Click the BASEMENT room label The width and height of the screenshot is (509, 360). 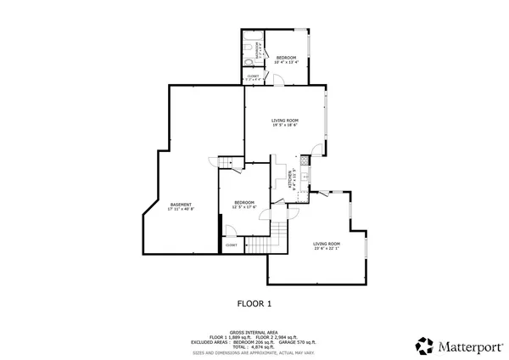point(181,205)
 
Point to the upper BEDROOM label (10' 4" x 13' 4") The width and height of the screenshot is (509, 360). point(285,59)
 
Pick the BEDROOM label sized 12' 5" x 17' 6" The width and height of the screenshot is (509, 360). point(244,204)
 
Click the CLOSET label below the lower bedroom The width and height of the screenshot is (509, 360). point(231,245)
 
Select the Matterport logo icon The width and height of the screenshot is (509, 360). point(424,346)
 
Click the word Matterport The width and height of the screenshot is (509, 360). point(466,346)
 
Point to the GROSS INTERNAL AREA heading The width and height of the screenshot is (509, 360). point(254,332)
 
